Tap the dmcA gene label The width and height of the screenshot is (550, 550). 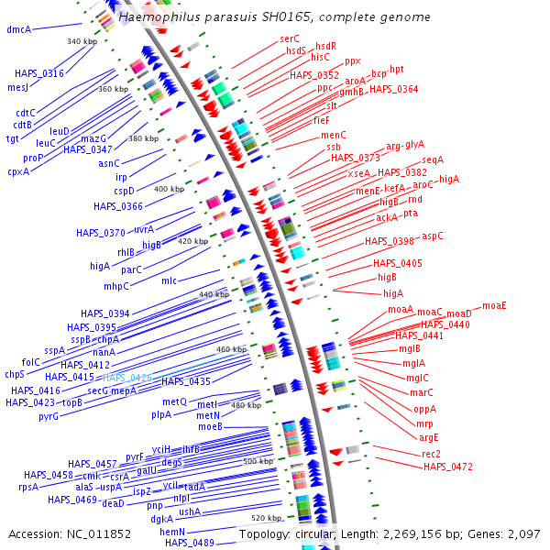point(18,29)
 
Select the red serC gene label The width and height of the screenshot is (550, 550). point(290,38)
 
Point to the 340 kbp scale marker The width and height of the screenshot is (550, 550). point(82,41)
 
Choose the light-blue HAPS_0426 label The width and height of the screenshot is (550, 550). point(127,377)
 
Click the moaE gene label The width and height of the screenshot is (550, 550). point(495,305)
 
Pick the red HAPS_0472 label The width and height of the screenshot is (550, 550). point(448,467)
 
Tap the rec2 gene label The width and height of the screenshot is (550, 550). point(431,454)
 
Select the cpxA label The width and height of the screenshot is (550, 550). point(18,170)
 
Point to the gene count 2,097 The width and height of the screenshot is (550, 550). point(523,533)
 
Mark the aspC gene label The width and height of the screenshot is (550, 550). point(433,236)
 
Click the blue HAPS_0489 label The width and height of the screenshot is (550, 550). point(190,543)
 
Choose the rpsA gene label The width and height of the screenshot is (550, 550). point(28,487)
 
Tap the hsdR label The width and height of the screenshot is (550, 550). point(325,45)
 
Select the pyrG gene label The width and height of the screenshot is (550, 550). point(49,416)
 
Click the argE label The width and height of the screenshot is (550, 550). point(429,436)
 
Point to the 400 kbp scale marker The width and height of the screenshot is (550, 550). point(169,189)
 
